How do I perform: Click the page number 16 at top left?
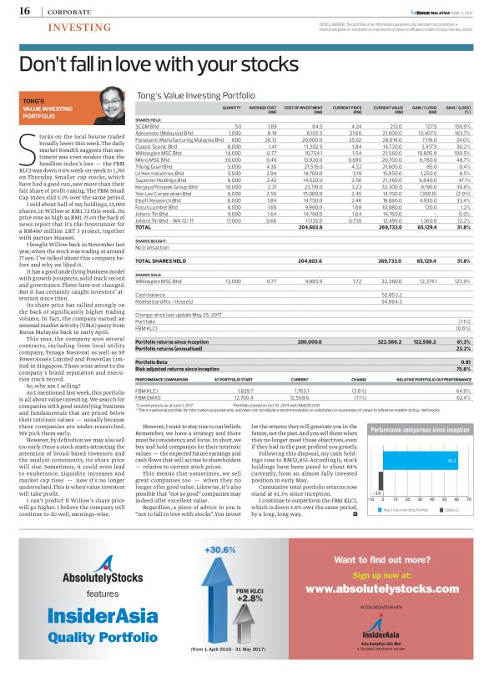coord(24,11)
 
